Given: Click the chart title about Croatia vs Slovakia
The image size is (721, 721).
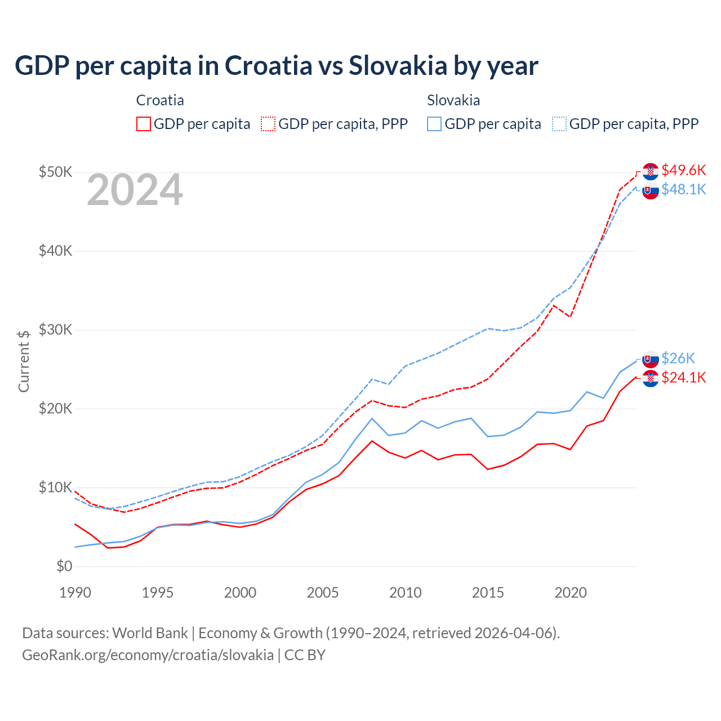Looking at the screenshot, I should [276, 66].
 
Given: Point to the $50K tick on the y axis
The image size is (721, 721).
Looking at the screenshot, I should [55, 172].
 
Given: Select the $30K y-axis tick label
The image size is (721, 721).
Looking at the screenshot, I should [55, 330].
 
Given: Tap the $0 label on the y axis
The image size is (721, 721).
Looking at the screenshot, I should [64, 566].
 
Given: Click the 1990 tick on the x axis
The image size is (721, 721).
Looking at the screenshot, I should [75, 593].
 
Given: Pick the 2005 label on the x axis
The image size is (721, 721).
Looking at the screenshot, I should [323, 593].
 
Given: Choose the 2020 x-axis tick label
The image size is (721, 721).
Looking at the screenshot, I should [571, 593].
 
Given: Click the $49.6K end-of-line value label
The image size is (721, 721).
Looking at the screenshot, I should [684, 170].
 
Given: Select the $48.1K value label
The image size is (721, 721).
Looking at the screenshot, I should [684, 189].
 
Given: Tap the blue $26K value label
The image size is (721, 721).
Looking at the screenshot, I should [678, 358].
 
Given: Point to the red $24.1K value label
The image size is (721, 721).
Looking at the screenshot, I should [684, 377].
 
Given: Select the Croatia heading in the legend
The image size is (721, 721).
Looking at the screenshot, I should [160, 100].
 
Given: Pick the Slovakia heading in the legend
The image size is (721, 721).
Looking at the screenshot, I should [453, 100].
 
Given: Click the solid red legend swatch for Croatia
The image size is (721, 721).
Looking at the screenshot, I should [144, 124].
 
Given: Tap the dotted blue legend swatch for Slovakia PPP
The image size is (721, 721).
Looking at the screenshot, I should [559, 124].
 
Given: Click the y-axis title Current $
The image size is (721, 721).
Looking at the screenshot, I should [24, 361].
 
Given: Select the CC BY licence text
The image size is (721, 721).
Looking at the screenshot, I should [305, 655].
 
